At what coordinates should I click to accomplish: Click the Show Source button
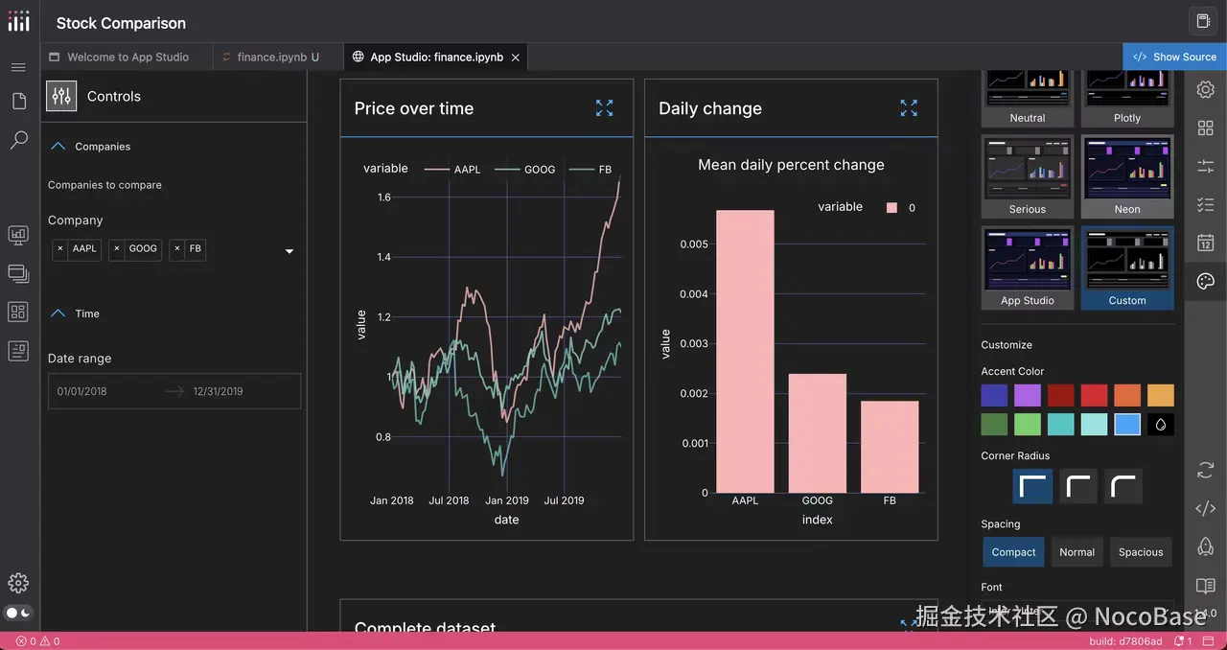1174,57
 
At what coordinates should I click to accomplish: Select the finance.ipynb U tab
272,57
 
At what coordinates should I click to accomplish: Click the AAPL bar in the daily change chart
745,351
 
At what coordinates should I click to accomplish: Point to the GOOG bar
818,432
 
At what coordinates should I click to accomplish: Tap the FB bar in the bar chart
890,446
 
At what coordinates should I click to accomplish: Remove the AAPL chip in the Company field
60,248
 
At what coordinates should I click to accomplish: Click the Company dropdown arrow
289,251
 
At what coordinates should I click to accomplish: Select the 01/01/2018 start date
81,391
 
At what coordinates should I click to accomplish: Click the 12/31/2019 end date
218,391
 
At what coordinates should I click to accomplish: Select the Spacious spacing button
1141,552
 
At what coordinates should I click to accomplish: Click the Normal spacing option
1077,552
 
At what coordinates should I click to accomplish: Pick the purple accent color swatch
1028,395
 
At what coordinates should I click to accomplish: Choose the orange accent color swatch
1127,395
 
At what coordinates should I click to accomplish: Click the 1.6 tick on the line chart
384,197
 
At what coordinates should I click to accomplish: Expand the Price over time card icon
604,108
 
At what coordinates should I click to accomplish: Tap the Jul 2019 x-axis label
564,500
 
